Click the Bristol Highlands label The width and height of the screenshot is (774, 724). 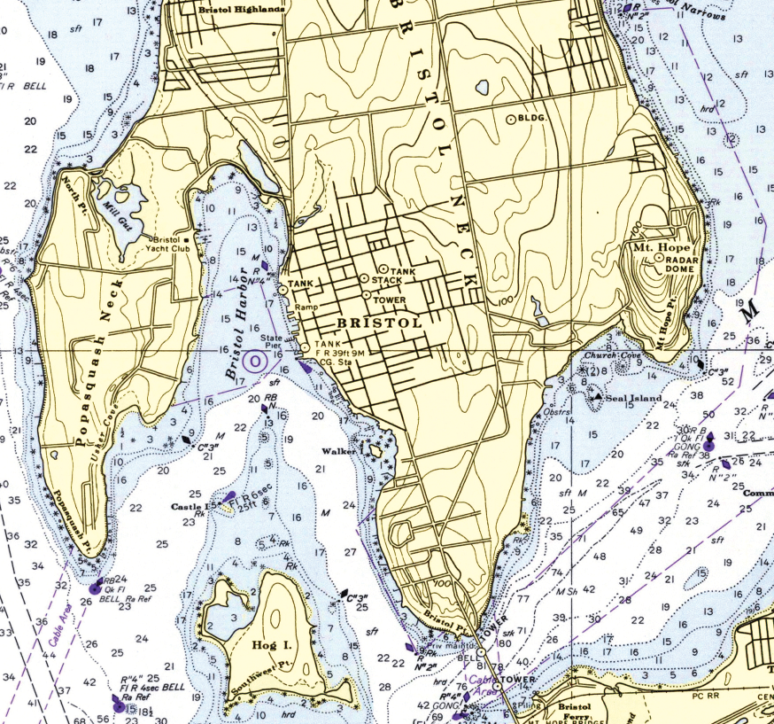pyautogui.click(x=242, y=9)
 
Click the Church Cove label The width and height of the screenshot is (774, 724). pyautogui.click(x=612, y=356)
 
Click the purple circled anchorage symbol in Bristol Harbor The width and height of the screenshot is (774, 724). pyautogui.click(x=255, y=361)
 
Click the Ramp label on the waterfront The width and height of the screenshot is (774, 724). pyautogui.click(x=306, y=308)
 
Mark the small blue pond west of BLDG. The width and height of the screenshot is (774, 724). pyautogui.click(x=482, y=88)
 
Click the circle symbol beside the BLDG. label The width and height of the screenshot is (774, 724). pyautogui.click(x=510, y=118)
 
